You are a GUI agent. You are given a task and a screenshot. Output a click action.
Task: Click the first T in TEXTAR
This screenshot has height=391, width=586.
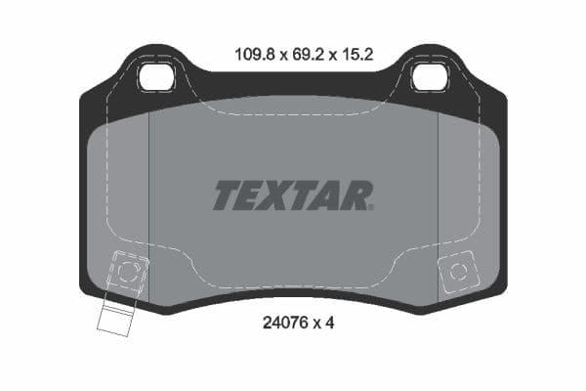(227, 195)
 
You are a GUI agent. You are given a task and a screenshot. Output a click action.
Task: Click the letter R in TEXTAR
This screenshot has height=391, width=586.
(356, 195)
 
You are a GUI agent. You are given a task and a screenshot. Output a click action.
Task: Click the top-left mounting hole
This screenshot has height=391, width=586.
(156, 75)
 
